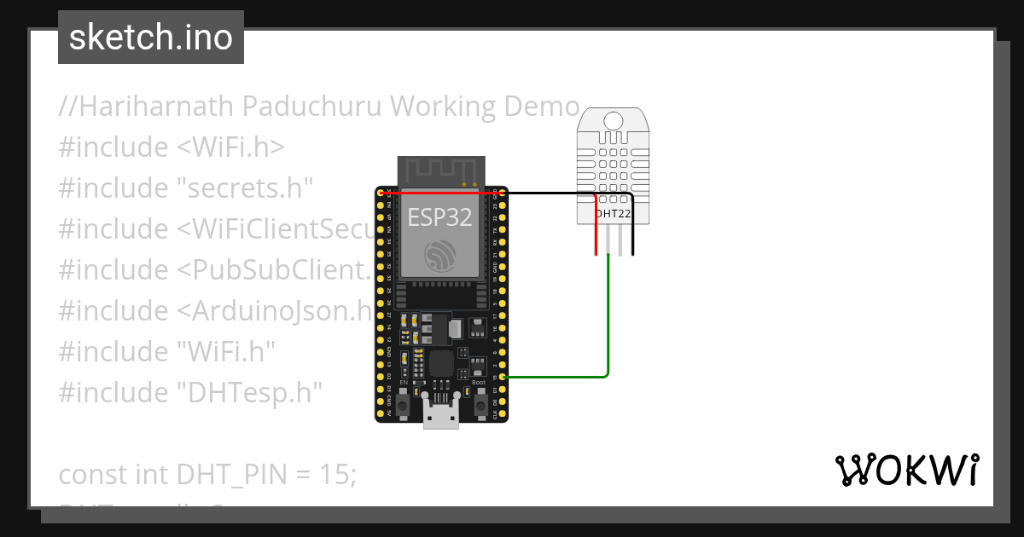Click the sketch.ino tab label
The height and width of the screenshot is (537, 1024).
pyautogui.click(x=151, y=38)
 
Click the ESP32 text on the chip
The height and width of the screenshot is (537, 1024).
pyautogui.click(x=439, y=217)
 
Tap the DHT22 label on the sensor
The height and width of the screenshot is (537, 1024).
pyautogui.click(x=613, y=213)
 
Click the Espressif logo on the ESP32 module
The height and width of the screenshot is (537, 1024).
pyautogui.click(x=440, y=256)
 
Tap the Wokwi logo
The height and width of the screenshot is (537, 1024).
pyautogui.click(x=906, y=470)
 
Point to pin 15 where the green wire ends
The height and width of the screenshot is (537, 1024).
pyautogui.click(x=503, y=377)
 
